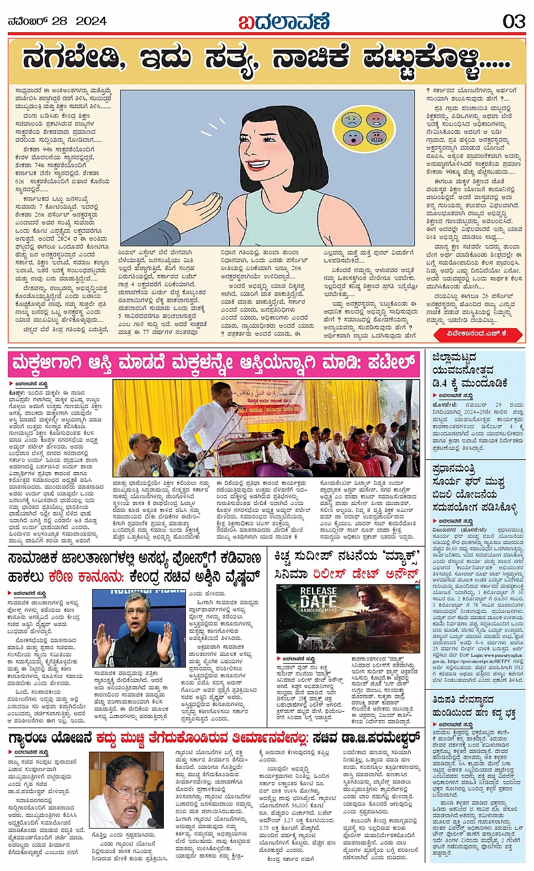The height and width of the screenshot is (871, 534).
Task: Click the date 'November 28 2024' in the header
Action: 57,21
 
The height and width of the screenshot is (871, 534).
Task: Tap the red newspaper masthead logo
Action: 283,22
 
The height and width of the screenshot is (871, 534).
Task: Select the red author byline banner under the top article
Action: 477,334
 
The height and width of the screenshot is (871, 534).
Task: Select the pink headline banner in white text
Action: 214,364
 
